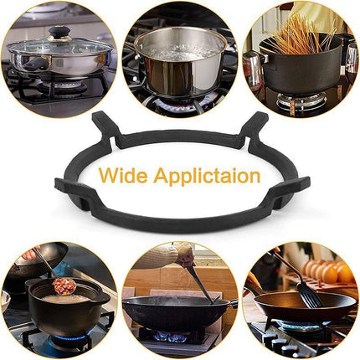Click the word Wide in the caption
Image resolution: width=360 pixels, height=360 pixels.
click(x=123, y=176)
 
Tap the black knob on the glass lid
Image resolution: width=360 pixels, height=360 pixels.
click(x=59, y=32)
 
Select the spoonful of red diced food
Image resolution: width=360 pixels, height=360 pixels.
click(x=64, y=285)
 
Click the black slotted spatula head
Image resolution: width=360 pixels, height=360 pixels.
click(x=309, y=295)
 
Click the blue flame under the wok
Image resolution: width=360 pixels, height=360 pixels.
click(x=171, y=337)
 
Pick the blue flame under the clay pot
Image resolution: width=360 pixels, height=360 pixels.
click(x=69, y=337)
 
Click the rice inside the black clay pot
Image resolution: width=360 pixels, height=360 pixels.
click(x=66, y=299)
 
